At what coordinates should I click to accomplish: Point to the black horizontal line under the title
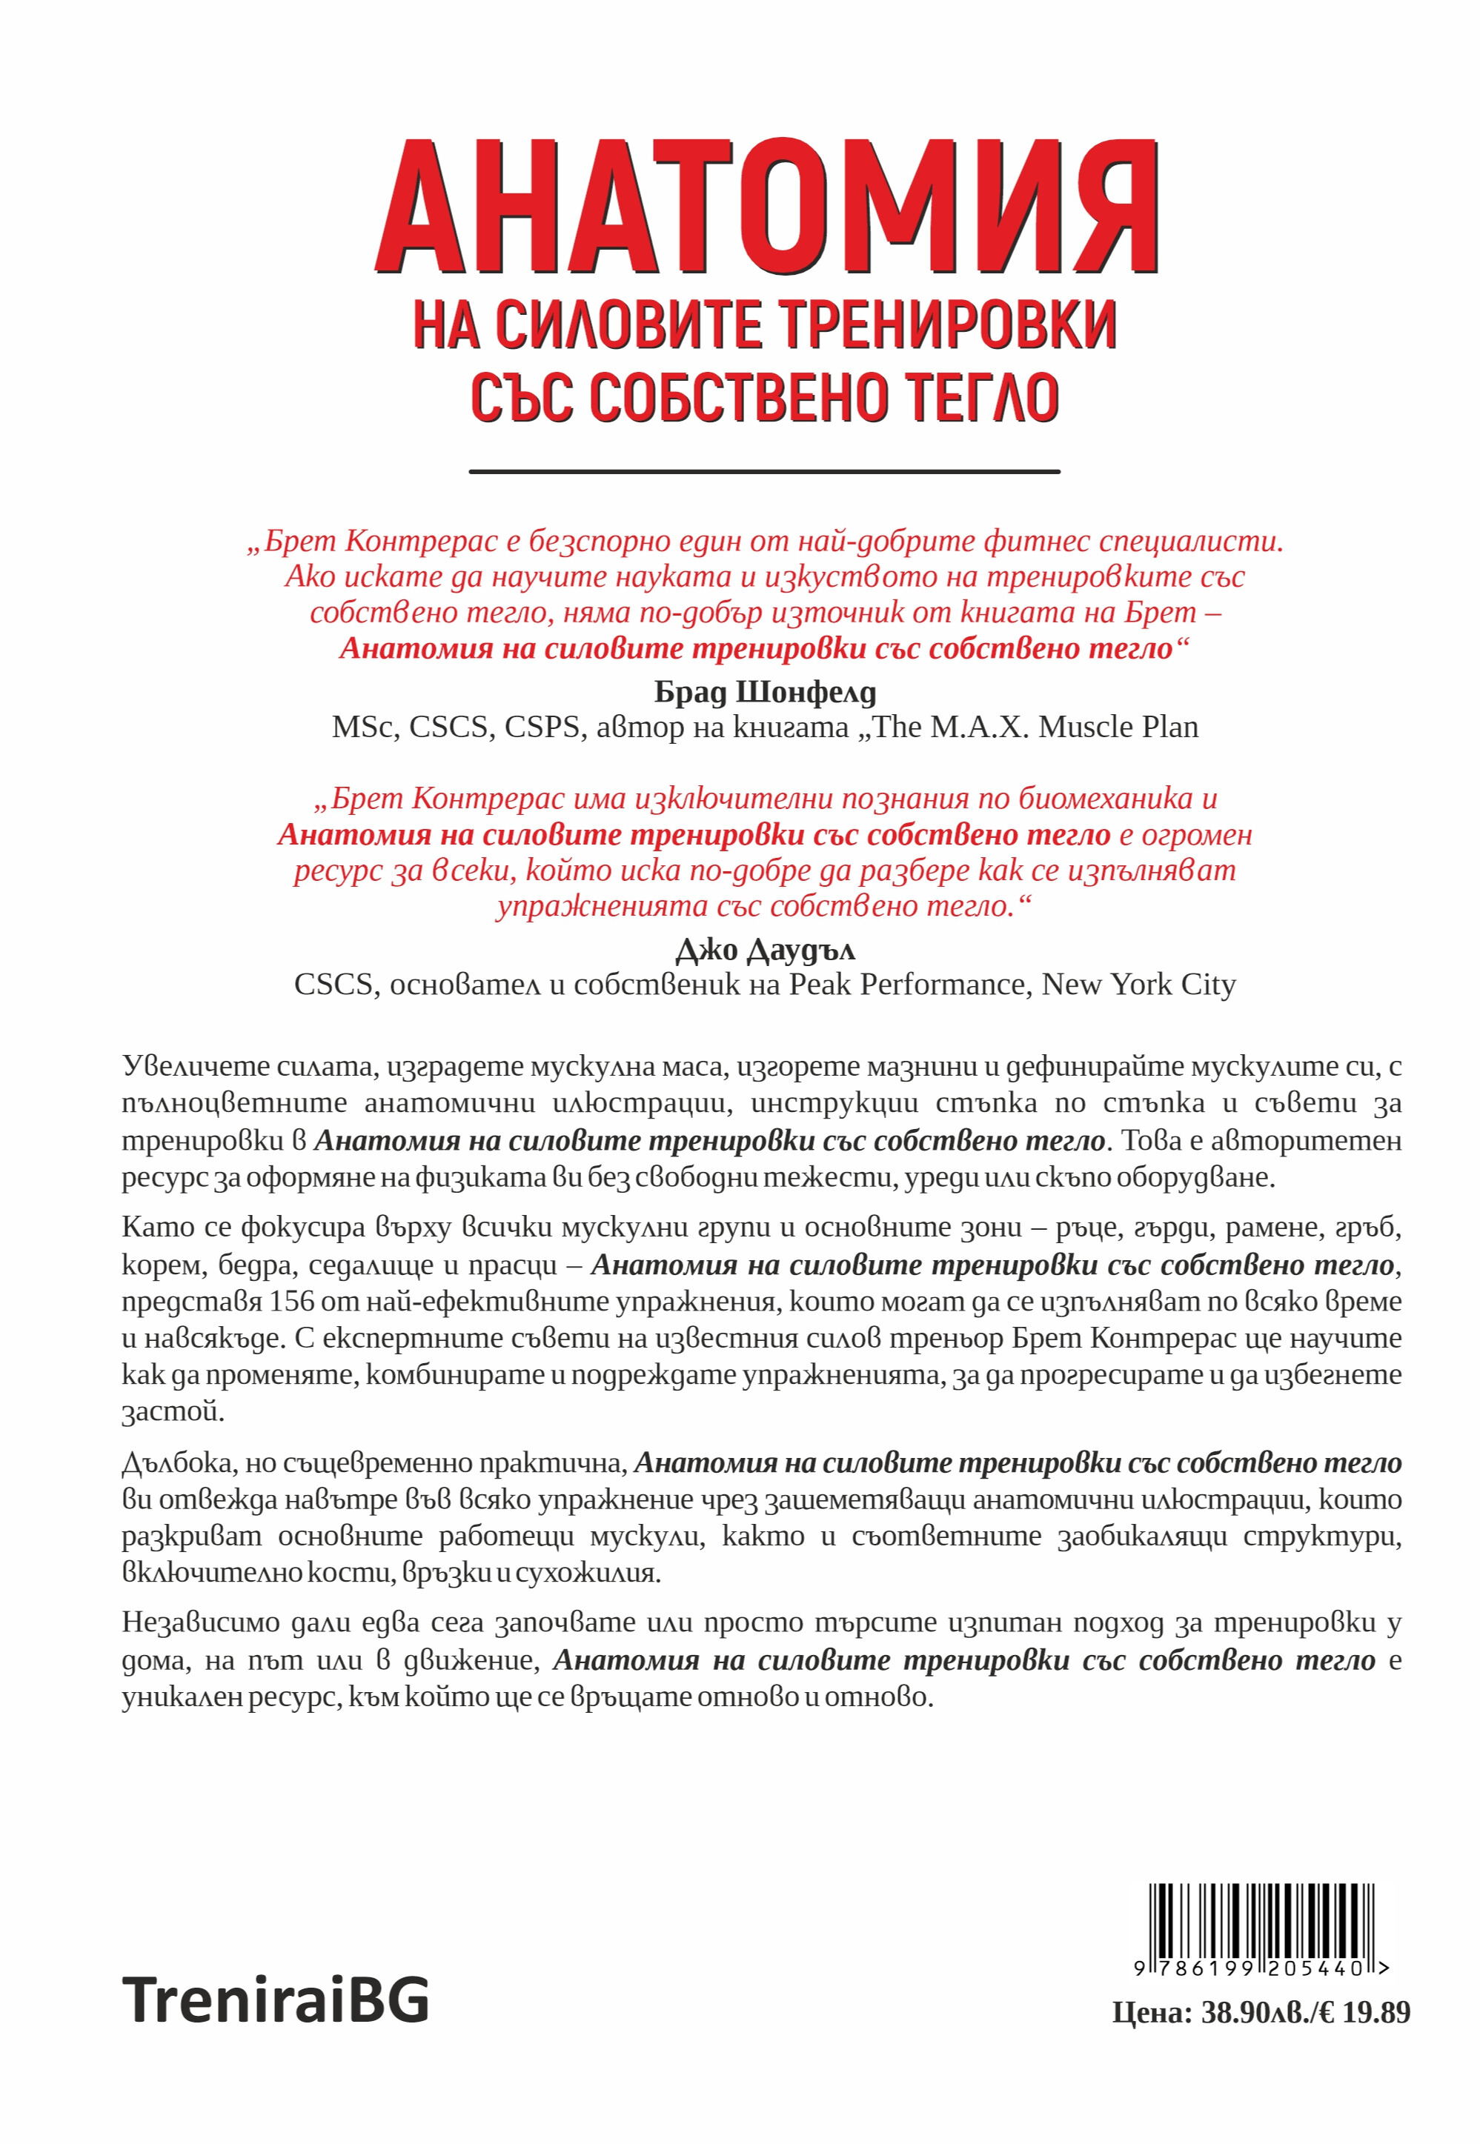point(764,472)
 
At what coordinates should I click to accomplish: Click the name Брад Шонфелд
point(764,691)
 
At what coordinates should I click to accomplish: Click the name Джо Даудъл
point(764,949)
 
